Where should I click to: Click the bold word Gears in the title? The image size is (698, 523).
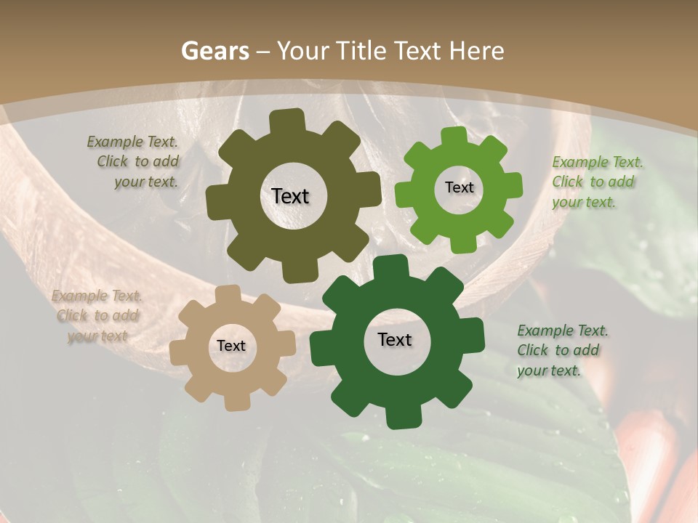pos(215,51)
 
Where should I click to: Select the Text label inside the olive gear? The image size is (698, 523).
pos(290,196)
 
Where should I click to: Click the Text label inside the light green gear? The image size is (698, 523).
pos(459,187)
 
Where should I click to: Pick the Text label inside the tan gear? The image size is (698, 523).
pos(231,346)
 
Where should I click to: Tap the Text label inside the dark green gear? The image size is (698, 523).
pos(395,340)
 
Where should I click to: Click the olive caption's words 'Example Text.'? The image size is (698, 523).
pos(132,142)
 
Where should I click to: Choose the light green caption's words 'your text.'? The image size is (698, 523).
pos(584,203)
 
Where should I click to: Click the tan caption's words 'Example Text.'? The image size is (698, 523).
pos(97,296)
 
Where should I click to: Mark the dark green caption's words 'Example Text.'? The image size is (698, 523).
pos(563,331)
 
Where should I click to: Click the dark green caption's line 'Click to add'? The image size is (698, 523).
pos(558,351)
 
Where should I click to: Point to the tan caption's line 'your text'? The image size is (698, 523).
pos(97,336)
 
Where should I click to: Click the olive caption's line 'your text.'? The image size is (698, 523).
pos(145,182)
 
